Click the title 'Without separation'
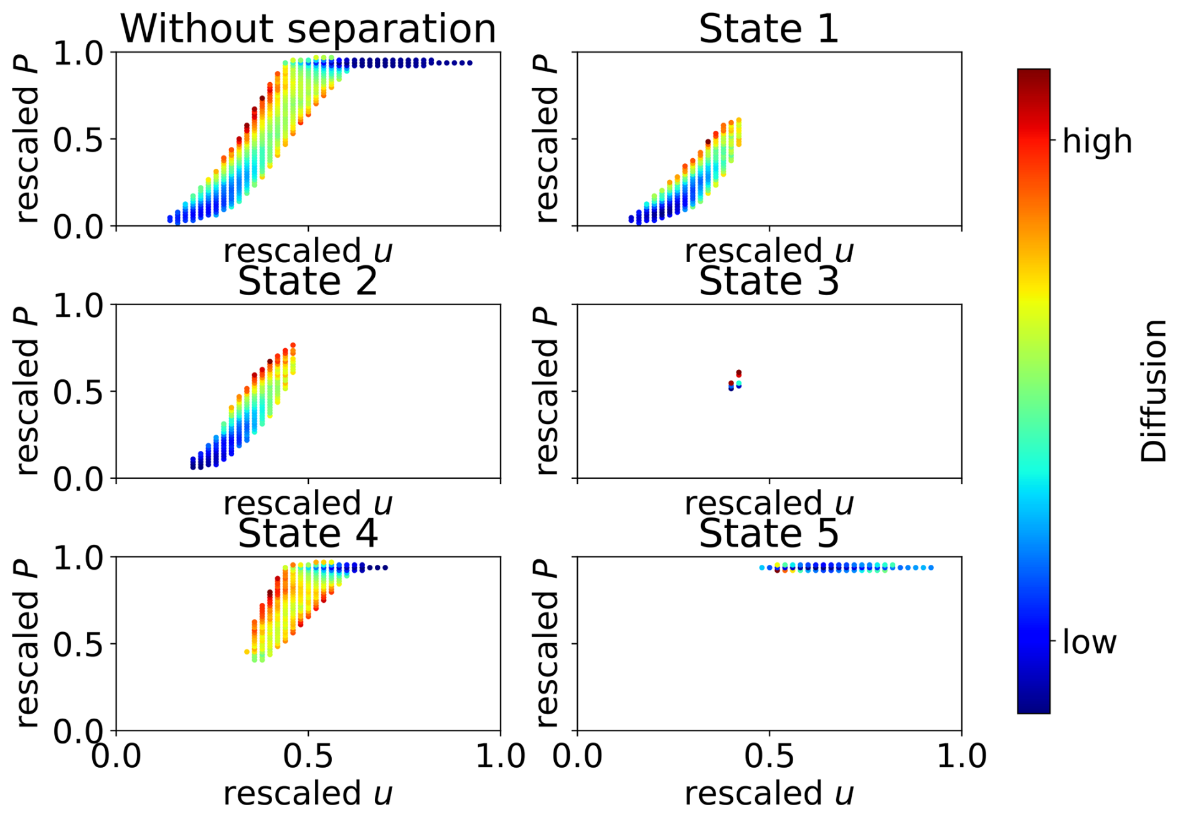point(308,29)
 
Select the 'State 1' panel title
point(769,29)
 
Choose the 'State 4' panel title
point(308,534)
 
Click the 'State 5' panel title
point(769,534)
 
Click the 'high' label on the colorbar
point(1097,141)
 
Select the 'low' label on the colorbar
point(1090,642)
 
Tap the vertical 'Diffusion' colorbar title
point(1153,391)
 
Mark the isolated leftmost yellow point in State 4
point(247,652)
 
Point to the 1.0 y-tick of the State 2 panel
point(78,305)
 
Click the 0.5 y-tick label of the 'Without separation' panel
point(78,140)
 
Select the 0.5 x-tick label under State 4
point(309,757)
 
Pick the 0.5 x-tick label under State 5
point(770,757)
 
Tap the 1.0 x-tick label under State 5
point(961,757)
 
